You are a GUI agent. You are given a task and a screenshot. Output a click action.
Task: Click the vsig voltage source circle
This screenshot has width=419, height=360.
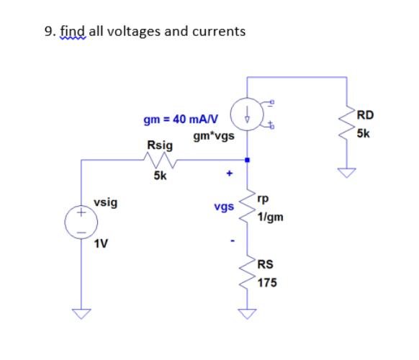[x=81, y=221]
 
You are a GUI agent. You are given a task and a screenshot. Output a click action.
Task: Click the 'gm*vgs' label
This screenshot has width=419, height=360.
[x=210, y=135]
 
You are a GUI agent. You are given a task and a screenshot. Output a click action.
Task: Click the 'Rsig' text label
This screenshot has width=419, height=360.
[x=159, y=145]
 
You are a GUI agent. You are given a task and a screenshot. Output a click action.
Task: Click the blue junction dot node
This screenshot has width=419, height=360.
[x=247, y=161]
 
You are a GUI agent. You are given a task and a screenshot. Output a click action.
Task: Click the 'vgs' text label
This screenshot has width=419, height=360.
[x=224, y=207]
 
